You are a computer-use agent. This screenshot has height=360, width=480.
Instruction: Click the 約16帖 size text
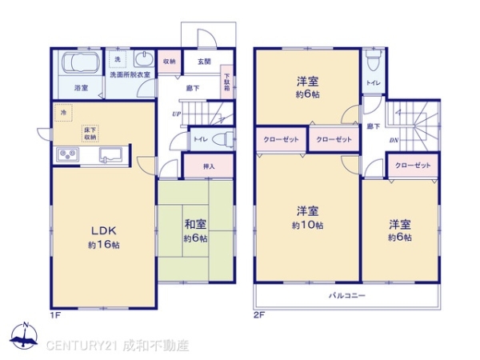click(104, 244)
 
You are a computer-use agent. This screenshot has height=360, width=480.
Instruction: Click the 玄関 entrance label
click(204, 61)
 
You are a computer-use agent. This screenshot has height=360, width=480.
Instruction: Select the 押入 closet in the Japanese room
click(207, 167)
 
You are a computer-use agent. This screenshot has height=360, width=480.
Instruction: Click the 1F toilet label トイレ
click(200, 139)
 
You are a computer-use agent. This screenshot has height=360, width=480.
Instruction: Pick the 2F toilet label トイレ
click(373, 82)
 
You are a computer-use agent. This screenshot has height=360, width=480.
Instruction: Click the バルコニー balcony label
click(346, 296)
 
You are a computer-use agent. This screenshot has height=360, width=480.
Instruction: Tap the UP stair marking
click(175, 114)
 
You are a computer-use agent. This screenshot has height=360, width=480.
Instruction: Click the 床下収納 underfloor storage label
click(90, 132)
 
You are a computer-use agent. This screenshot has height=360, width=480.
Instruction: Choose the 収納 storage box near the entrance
click(170, 62)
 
